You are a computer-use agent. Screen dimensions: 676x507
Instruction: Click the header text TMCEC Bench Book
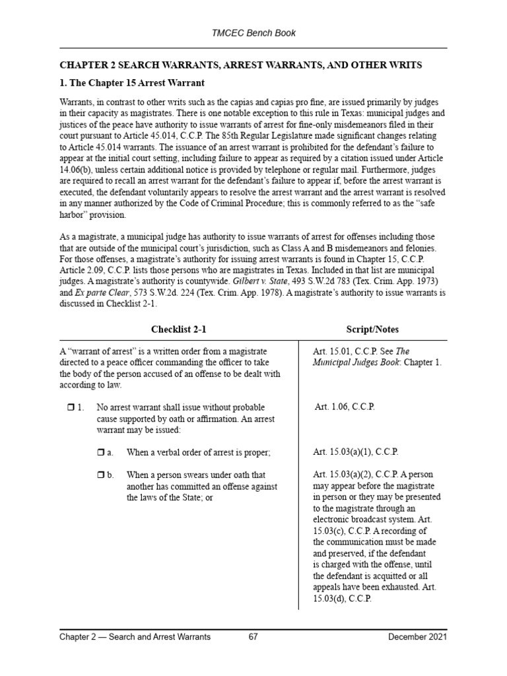[253, 32]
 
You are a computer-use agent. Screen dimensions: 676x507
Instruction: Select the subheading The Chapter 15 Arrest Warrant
[132, 83]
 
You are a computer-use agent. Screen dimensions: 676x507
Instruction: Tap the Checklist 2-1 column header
[174, 329]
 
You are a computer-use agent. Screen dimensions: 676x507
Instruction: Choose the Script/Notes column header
[372, 329]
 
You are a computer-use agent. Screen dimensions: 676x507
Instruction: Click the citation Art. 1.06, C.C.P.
[345, 407]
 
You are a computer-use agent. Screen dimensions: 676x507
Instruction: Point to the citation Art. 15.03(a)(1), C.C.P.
[355, 452]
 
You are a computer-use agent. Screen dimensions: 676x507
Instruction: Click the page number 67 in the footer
[253, 637]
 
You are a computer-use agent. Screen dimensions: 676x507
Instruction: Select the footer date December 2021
[417, 637]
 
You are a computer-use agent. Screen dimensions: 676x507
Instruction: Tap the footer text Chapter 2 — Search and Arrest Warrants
[135, 637]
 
